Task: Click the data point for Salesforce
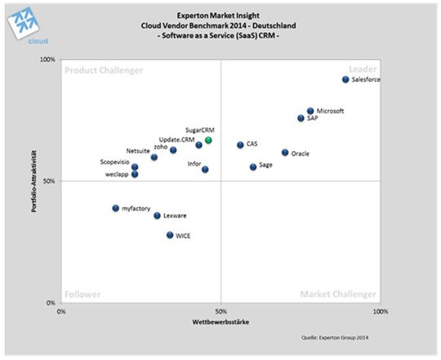pos(345,80)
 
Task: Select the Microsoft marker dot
pos(310,111)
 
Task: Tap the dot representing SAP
pos(301,118)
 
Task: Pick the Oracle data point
pos(285,153)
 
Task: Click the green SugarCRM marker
pos(208,140)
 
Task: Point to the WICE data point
pos(170,235)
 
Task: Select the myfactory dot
pos(116,208)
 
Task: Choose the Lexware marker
pos(157,216)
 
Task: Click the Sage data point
pos(253,167)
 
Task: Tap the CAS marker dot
pos(240,145)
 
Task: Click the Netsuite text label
pos(137,151)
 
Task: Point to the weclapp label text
pos(118,174)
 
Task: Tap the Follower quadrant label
pos(82,294)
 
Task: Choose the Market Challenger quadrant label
pos(338,294)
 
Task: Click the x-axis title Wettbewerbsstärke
pos(221,322)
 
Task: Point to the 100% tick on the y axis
pos(47,60)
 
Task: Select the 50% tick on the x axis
pos(220,311)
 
